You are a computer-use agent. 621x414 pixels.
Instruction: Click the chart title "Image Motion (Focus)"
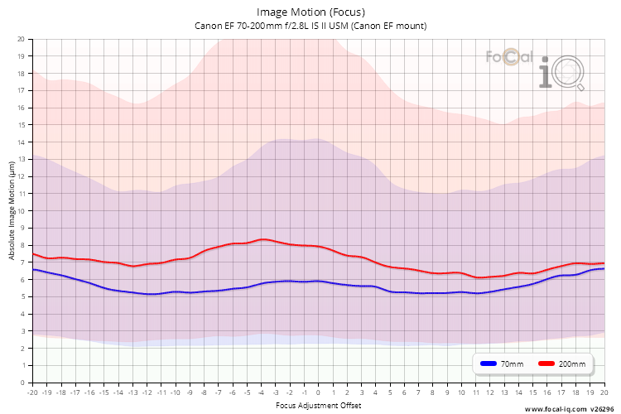point(310,12)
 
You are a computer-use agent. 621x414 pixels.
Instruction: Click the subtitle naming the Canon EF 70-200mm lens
point(310,26)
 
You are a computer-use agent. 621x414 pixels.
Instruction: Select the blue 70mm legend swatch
point(489,363)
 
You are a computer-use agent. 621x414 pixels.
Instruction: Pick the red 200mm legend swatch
point(546,363)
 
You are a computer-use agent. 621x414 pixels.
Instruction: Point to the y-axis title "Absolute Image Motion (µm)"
point(12,211)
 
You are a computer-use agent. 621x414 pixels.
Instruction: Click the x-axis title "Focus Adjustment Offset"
point(319,405)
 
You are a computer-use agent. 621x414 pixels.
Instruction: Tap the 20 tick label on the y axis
point(21,39)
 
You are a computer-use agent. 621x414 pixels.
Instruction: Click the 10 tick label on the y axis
point(21,211)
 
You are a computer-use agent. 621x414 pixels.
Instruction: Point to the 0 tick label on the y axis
point(22,383)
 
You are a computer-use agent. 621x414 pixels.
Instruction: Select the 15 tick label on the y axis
point(21,125)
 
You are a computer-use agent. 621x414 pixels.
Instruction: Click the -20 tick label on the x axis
point(32,392)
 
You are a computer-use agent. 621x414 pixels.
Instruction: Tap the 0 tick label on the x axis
point(318,392)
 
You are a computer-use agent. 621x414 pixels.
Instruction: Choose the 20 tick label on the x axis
point(604,392)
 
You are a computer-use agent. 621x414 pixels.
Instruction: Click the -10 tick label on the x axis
point(176,392)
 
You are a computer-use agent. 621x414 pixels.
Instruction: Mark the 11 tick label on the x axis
point(475,392)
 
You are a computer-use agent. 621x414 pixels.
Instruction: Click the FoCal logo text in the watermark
point(510,57)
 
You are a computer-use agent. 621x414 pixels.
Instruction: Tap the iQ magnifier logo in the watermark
point(561,73)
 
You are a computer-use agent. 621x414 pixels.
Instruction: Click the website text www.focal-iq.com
point(556,409)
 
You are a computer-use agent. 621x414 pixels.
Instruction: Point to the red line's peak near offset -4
point(262,239)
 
